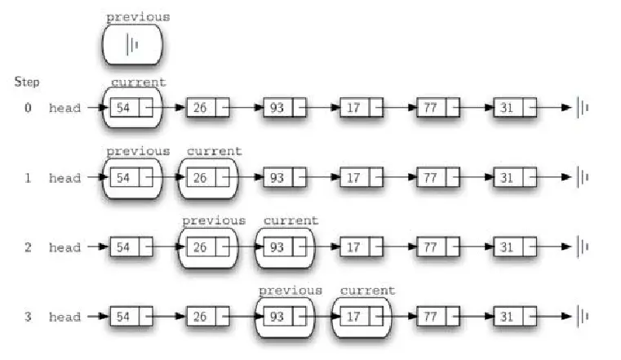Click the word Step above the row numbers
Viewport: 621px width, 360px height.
pyautogui.click(x=26, y=82)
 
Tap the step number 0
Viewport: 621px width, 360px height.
pyautogui.click(x=28, y=108)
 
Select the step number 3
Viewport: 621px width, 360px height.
pyautogui.click(x=28, y=317)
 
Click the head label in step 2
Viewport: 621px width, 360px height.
pyautogui.click(x=64, y=247)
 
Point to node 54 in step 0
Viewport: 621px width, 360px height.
pyautogui.click(x=123, y=108)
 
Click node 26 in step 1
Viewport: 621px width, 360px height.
pyautogui.click(x=200, y=177)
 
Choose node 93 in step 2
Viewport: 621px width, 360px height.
pyautogui.click(x=277, y=247)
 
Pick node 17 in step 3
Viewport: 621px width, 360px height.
pyautogui.click(x=353, y=317)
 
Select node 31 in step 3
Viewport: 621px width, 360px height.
pyautogui.click(x=507, y=317)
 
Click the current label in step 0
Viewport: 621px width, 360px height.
pyautogui.click(x=138, y=82)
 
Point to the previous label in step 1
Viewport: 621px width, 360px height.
pyautogui.click(x=138, y=151)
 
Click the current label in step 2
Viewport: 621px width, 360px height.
pyautogui.click(x=291, y=220)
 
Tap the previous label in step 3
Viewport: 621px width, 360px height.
pyautogui.click(x=291, y=291)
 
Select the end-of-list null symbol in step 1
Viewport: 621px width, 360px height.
pyautogui.click(x=583, y=177)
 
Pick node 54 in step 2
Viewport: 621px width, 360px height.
pyautogui.click(x=123, y=247)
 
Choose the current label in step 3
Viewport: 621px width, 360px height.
pyautogui.click(x=367, y=291)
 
